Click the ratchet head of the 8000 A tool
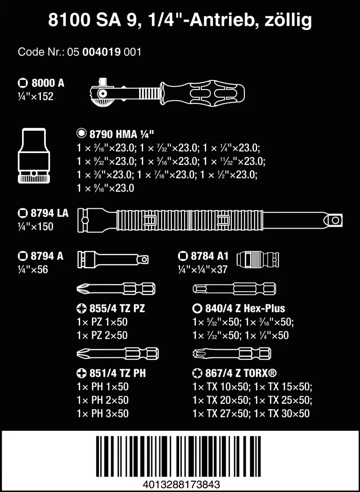tap(101, 92)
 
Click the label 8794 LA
tap(43, 213)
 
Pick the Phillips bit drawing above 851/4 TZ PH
tap(116, 352)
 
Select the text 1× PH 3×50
tap(103, 413)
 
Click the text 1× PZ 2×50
tap(103, 335)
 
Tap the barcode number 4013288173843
tap(180, 484)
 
